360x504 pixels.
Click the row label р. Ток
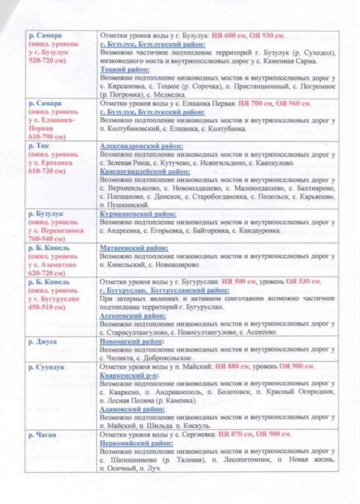[x=37, y=146]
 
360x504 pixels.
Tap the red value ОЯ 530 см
[x=303, y=282]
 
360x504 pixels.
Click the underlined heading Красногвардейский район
[x=144, y=171]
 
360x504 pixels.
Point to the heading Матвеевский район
[x=134, y=248]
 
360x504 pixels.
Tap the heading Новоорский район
[x=131, y=342]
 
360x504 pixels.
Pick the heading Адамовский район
[x=132, y=409]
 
